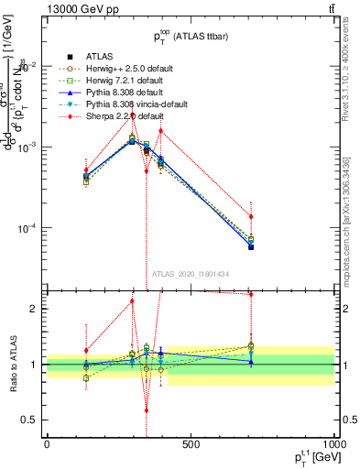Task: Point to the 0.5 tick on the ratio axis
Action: point(31,420)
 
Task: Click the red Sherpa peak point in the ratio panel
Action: point(132,300)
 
